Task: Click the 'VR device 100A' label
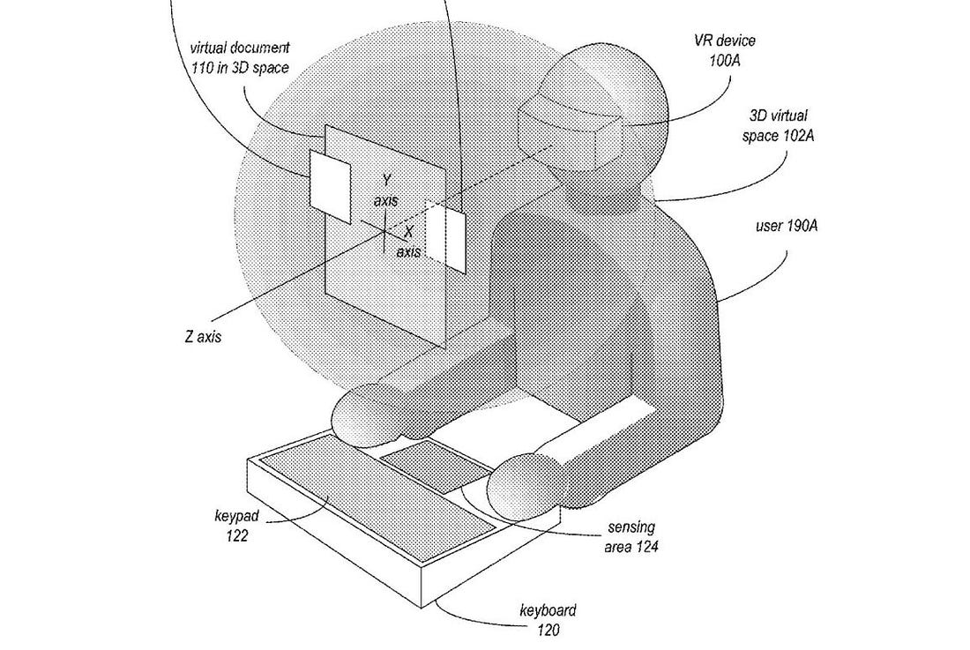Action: click(724, 50)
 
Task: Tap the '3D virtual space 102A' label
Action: click(779, 125)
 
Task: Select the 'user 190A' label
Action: click(787, 226)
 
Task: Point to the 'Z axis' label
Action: click(202, 336)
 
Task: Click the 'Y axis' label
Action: click(385, 191)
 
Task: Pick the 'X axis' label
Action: click(408, 242)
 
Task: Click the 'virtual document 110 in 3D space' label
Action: click(239, 57)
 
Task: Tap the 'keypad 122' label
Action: click(232, 525)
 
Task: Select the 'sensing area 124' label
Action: click(631, 537)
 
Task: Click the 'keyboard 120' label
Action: click(548, 620)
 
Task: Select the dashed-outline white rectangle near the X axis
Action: click(444, 235)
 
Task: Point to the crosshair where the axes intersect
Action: click(384, 232)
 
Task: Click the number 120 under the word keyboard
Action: click(548, 630)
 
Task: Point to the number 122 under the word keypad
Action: click(237, 535)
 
